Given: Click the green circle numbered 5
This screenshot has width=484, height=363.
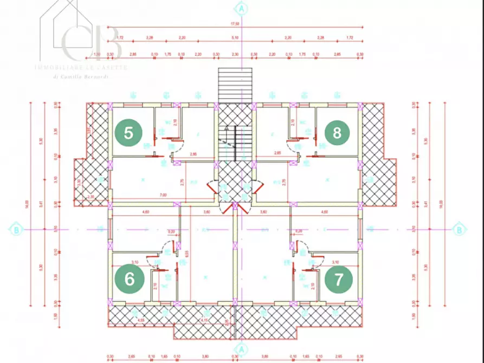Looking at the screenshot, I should [x=129, y=133].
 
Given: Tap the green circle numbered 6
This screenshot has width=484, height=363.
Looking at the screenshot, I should [x=130, y=278].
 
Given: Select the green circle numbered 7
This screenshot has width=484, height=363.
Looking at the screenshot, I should [x=339, y=280].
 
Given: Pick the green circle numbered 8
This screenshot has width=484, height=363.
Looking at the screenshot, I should [x=337, y=133].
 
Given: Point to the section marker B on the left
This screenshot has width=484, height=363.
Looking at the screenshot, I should [x=17, y=230].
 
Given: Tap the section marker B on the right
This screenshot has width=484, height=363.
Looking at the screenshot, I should [x=459, y=230].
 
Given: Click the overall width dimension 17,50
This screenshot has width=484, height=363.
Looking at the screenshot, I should [x=235, y=24].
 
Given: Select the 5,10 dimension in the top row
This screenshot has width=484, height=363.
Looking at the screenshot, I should [x=235, y=37].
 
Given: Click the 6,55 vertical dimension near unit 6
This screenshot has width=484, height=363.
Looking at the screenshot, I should [x=186, y=252].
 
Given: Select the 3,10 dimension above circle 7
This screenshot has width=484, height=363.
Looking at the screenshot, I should [x=335, y=262].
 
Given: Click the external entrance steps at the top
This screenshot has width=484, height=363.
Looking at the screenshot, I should [x=235, y=85].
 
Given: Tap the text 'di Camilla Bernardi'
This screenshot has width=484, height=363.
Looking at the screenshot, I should [x=82, y=77].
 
